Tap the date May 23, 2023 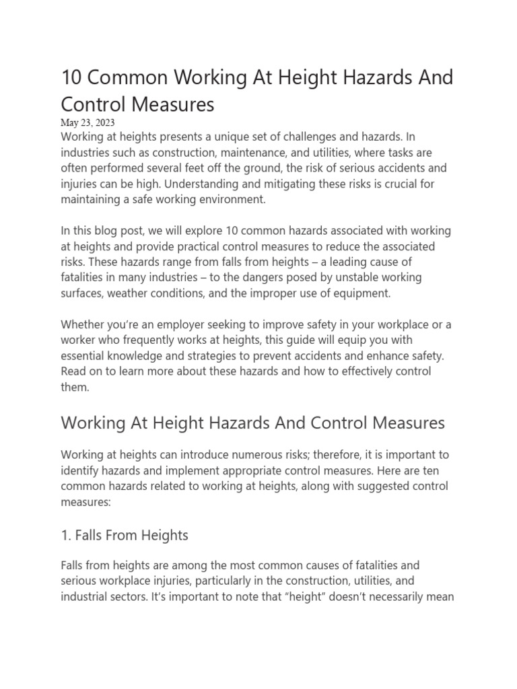point(88,122)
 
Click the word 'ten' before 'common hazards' point(438,470)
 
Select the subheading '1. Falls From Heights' point(125,536)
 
